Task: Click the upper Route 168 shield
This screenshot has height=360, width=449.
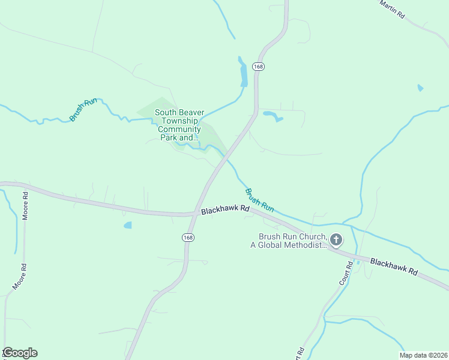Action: click(258, 67)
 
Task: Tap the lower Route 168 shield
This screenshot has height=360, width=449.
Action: click(188, 238)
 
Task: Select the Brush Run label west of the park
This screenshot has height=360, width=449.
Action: click(83, 110)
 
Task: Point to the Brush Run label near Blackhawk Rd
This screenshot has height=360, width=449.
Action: click(259, 200)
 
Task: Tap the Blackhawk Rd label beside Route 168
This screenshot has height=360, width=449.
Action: click(225, 211)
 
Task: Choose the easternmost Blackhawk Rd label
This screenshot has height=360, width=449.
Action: click(394, 266)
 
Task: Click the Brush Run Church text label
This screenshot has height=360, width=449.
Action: click(292, 241)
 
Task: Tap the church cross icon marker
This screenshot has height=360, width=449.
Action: click(336, 241)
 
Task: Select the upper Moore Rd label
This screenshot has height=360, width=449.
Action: click(25, 206)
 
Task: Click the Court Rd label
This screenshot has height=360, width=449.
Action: click(343, 273)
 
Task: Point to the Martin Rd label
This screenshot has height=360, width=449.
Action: click(392, 8)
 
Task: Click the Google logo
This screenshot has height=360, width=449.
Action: click(20, 353)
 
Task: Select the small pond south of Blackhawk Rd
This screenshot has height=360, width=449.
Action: click(127, 226)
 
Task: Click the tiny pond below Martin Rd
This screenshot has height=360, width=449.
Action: click(420, 88)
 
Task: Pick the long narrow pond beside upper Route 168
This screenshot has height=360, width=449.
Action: click(243, 73)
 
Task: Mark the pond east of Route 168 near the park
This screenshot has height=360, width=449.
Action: click(273, 115)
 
